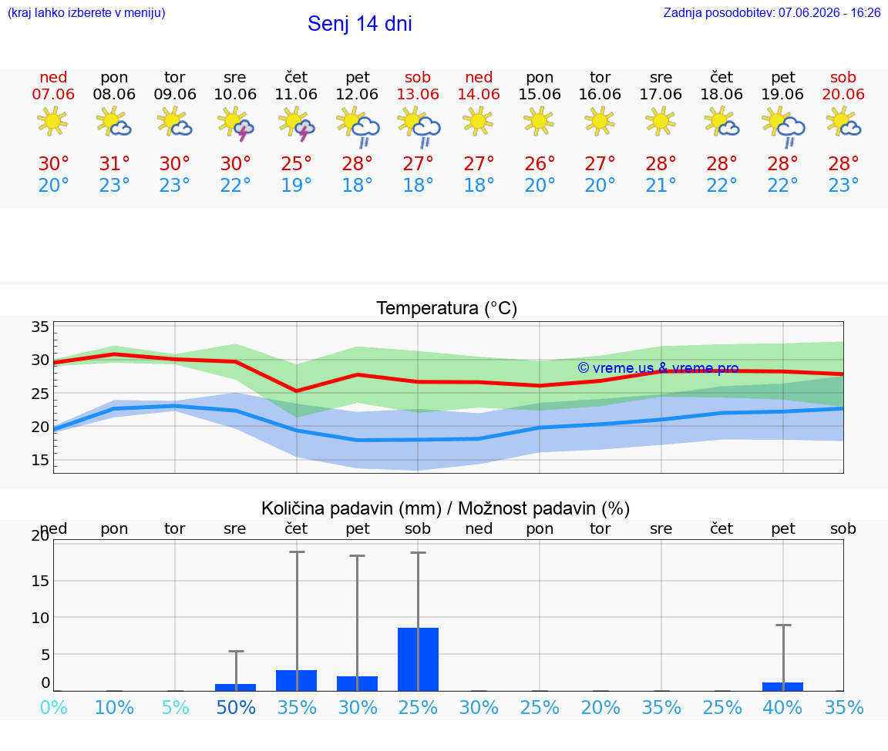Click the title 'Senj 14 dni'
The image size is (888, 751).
[360, 24]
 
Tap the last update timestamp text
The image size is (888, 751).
[772, 12]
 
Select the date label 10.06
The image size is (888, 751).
[235, 94]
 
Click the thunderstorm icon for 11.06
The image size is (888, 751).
[296, 124]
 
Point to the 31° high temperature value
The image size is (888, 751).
[114, 163]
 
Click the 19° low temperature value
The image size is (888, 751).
[296, 185]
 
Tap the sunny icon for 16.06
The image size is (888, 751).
[600, 121]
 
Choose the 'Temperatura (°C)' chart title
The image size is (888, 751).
[447, 308]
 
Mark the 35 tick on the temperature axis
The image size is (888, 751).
[40, 327]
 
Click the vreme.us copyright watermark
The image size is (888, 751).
[658, 368]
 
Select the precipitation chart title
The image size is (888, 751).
[446, 508]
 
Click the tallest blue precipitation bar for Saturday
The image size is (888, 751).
[418, 659]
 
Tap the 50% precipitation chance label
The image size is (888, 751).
[236, 707]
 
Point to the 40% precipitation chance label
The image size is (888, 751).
[782, 707]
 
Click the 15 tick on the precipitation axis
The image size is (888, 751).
[40, 581]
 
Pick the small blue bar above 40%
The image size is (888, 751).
[782, 686]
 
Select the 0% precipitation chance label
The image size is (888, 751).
[54, 707]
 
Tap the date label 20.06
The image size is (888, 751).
[843, 94]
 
